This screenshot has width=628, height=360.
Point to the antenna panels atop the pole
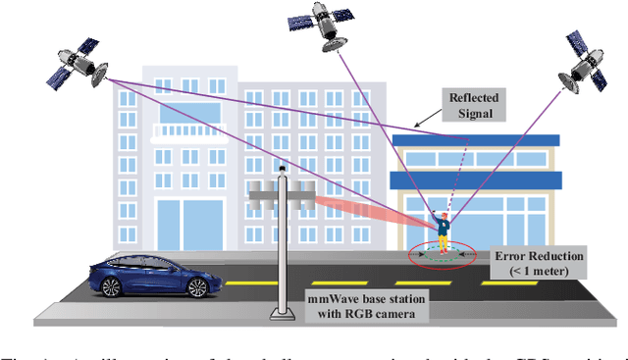click(281, 194)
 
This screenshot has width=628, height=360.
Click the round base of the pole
click(281, 313)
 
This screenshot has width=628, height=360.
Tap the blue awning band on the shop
click(476, 180)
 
